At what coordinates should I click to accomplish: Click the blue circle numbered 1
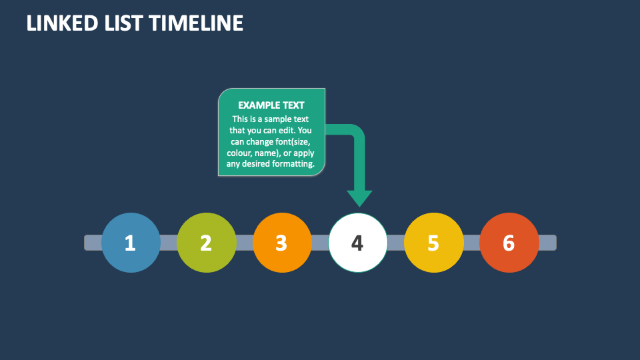pos(131,243)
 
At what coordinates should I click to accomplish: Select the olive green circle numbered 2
pos(206,243)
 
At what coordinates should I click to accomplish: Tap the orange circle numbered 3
pos(282,243)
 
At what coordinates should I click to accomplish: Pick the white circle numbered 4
pos(357,243)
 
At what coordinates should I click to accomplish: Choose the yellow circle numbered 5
pos(433,243)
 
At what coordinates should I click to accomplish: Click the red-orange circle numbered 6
pos(509,243)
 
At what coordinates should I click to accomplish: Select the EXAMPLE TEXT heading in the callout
pos(271,105)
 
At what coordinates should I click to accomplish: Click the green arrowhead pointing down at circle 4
pos(359,197)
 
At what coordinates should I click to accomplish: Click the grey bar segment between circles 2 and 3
pos(244,243)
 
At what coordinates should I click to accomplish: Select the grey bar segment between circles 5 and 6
pos(471,243)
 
